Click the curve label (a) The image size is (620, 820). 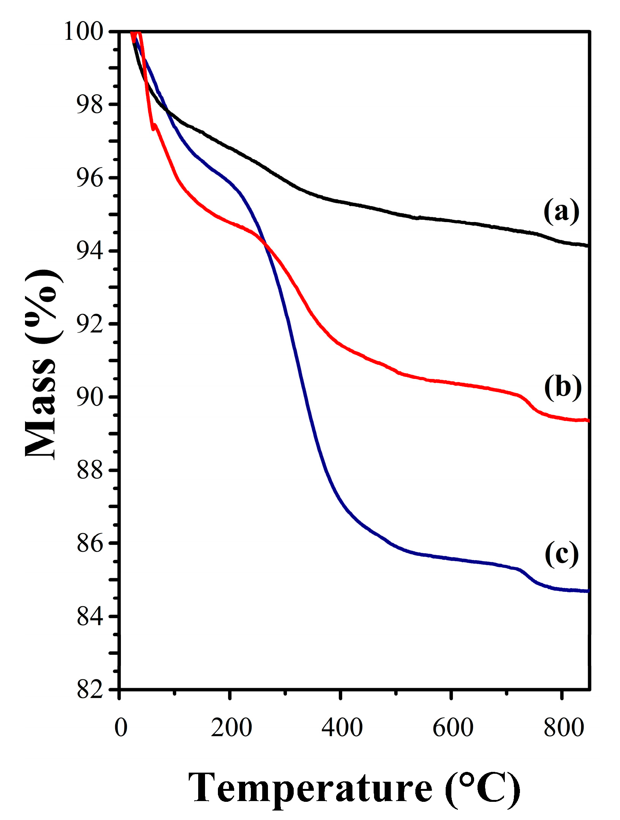point(561,211)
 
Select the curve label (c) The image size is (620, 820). point(561,554)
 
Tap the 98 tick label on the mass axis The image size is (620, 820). point(90,105)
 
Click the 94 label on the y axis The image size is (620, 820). point(90,251)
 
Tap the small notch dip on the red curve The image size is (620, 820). point(153,128)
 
